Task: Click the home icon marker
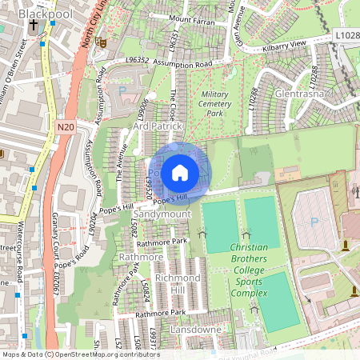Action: (x=180, y=172)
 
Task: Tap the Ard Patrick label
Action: (x=158, y=126)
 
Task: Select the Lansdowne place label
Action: (x=196, y=330)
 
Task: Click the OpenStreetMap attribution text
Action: (x=80, y=354)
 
